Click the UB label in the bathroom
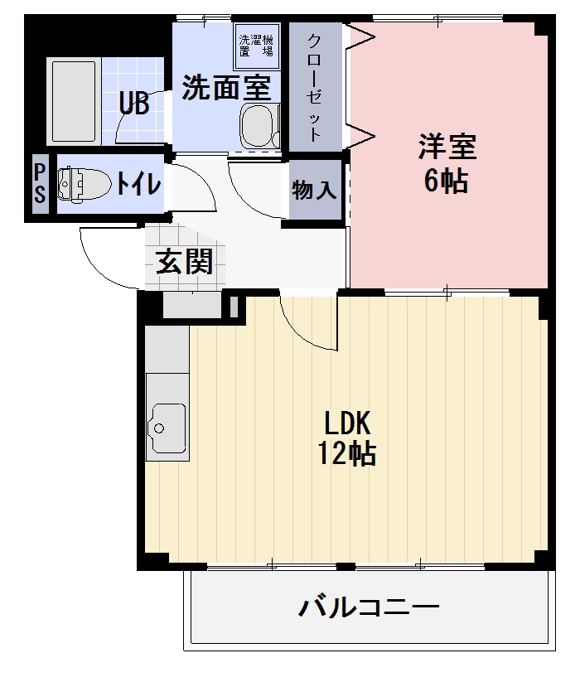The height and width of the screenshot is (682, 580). pyautogui.click(x=133, y=104)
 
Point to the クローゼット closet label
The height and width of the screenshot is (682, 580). pyautogui.click(x=316, y=88)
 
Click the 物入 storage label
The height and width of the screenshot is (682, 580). pyautogui.click(x=315, y=191)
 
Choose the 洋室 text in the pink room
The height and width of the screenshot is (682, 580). pyautogui.click(x=447, y=147)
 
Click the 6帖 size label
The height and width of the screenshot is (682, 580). pyautogui.click(x=447, y=180)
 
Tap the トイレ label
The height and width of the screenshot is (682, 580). pyautogui.click(x=138, y=183)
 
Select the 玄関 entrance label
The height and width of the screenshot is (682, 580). pyautogui.click(x=185, y=262)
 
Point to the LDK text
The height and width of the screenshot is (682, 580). pyautogui.click(x=346, y=424)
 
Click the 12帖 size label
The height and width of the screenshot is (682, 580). pyautogui.click(x=346, y=454)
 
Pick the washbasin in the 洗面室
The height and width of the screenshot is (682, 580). pyautogui.click(x=256, y=126)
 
